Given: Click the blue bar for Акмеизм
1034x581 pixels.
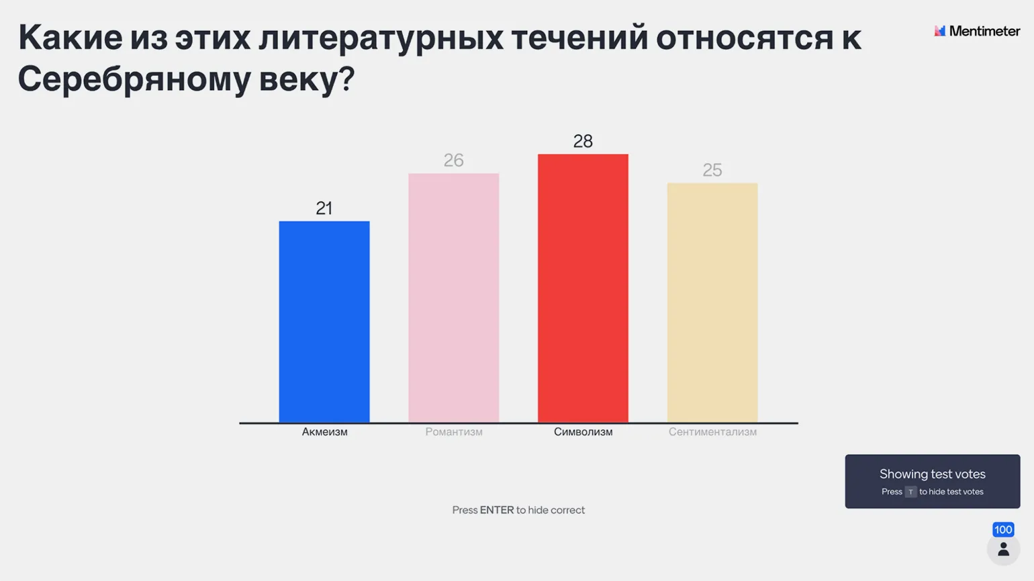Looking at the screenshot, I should (x=324, y=322).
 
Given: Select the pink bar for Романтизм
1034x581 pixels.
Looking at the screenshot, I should (x=454, y=299).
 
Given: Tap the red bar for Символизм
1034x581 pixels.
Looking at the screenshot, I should (x=583, y=288).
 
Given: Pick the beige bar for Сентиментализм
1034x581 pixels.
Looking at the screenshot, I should (x=712, y=303).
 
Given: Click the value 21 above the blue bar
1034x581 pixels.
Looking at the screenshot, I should (x=324, y=209).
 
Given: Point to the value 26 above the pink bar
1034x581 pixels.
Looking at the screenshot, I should (x=454, y=160).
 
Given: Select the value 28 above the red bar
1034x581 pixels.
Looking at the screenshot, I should (x=583, y=142).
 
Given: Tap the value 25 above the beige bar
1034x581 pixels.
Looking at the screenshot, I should (x=712, y=170).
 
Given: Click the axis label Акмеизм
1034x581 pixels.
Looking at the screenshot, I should (x=324, y=432).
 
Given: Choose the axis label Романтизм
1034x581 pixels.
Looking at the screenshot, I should (x=454, y=432).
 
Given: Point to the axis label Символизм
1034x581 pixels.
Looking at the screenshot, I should (x=583, y=432).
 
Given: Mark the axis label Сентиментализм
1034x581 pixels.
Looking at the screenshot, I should (x=712, y=432).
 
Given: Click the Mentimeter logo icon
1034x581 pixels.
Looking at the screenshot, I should (x=940, y=31).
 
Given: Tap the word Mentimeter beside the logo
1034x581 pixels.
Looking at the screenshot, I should (x=984, y=31).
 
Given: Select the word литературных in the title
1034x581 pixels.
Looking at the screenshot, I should (x=381, y=38).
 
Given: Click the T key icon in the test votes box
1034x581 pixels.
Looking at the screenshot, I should (x=910, y=492).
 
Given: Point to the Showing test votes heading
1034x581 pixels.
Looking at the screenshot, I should (x=933, y=474).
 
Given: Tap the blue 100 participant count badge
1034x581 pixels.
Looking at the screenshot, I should (x=1003, y=529).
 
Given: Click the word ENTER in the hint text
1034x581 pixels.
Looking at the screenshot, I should (x=497, y=510).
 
